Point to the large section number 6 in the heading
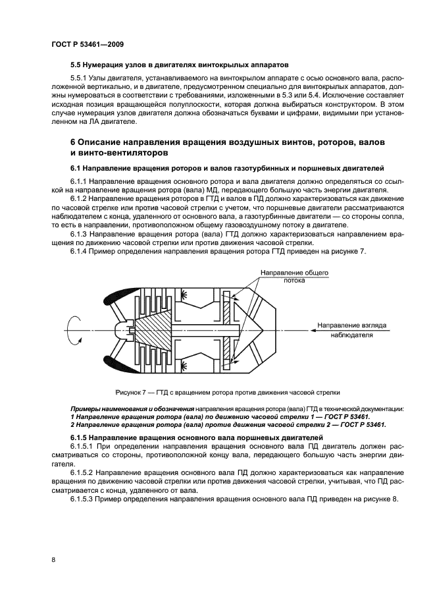[74, 143]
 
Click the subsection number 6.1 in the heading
[76, 169]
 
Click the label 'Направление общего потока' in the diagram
[294, 276]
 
